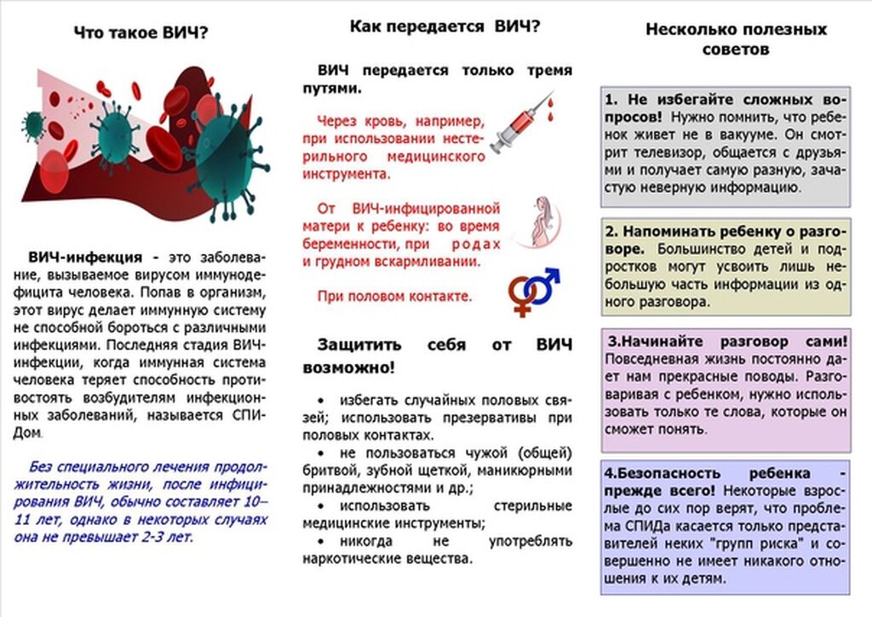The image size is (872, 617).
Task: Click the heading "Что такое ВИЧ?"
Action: coord(141,33)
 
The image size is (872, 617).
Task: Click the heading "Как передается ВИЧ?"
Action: coord(445,26)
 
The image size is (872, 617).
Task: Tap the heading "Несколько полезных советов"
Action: coord(736,39)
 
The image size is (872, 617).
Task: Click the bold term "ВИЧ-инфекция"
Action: coord(85,257)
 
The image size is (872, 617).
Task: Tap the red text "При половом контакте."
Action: coord(394,297)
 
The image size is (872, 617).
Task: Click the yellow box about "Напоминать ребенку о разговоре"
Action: coord(726,266)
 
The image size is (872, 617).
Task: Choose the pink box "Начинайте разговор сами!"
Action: coord(726,389)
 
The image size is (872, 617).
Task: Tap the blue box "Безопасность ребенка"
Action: coord(726,527)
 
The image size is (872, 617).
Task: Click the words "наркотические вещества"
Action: coord(387,559)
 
